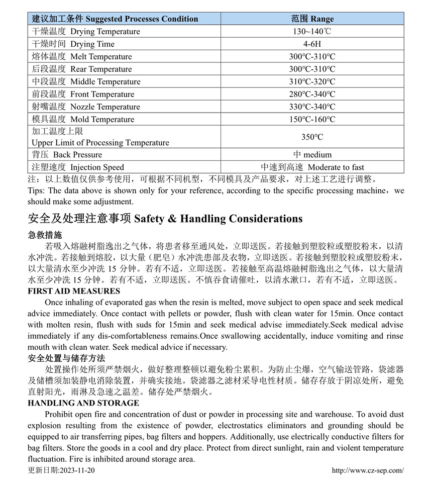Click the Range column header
pos(312,19)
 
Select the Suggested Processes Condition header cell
pos(115,19)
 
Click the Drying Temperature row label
pos(86,32)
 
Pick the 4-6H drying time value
pos(312,44)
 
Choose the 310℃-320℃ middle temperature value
pos(312,82)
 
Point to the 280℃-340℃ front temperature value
pos(312,94)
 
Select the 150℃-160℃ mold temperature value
pos(312,120)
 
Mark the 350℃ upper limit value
pos(312,137)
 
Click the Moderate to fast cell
pos(312,167)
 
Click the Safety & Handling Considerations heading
pos(165,219)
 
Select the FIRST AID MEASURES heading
pos(74,291)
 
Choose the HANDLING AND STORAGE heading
pos(83,403)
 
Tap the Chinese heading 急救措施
pos(45,235)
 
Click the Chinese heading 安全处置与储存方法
pos(66,358)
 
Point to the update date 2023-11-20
pos(61,470)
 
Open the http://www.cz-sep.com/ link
pos(368,470)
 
